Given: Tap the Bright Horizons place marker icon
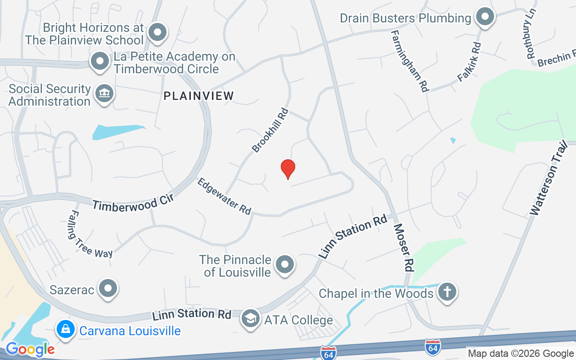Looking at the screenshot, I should pyautogui.click(x=157, y=32).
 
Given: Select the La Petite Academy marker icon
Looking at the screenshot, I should pyautogui.click(x=99, y=61).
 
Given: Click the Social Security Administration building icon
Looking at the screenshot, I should pyautogui.click(x=104, y=94).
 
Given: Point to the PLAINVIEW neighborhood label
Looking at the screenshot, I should pyautogui.click(x=199, y=96).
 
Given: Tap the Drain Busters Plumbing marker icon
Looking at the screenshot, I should pyautogui.click(x=485, y=17).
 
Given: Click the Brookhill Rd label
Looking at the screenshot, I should pyautogui.click(x=270, y=130).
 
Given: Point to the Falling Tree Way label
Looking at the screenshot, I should pyautogui.click(x=91, y=235).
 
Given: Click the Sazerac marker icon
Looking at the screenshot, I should pyautogui.click(x=108, y=288).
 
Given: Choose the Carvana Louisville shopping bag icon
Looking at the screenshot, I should pyautogui.click(x=66, y=330).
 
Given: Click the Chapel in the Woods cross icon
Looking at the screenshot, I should pyautogui.click(x=447, y=292).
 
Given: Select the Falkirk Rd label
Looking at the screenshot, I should pyautogui.click(x=469, y=62).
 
